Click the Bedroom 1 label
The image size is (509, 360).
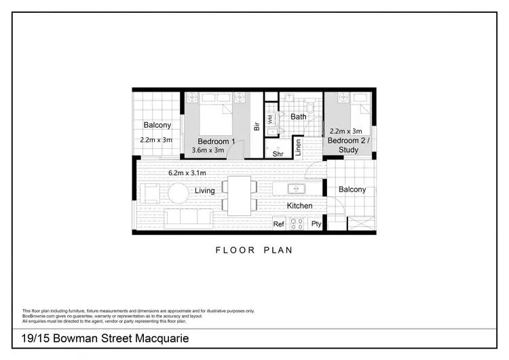tap(216, 141)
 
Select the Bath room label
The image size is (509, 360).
tap(299, 117)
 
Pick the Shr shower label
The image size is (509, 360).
tap(278, 154)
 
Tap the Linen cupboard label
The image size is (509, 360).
tap(297, 147)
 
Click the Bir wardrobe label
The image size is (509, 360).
tap(257, 126)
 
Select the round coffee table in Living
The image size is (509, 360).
tap(178, 194)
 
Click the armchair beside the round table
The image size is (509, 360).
tap(151, 194)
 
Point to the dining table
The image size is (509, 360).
tap(239, 196)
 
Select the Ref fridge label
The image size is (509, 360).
tap(278, 223)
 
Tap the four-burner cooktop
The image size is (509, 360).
tap(297, 223)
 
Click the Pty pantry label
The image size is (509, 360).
tap(316, 223)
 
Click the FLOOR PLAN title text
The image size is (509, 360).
tap(254, 250)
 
